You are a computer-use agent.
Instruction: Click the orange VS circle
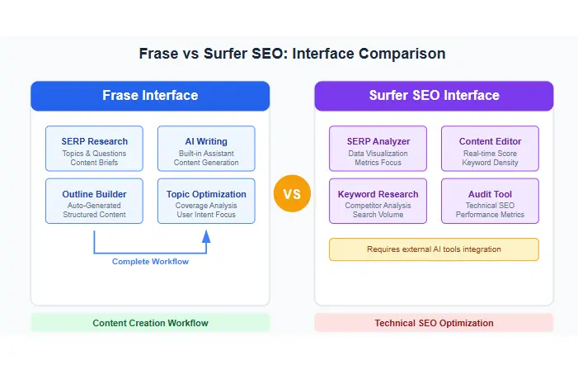[x=292, y=195]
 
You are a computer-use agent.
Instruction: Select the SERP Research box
[x=93, y=148]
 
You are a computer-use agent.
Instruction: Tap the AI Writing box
[x=206, y=148]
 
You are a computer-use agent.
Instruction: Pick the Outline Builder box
[x=93, y=201]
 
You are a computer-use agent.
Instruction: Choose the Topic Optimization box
[x=206, y=201]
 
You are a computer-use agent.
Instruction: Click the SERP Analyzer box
[x=378, y=148]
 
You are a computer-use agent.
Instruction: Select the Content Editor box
[x=490, y=148]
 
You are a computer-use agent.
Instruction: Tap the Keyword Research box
[x=378, y=201]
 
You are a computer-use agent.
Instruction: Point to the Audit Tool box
[x=490, y=201]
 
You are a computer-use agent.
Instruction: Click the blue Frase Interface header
[x=150, y=96]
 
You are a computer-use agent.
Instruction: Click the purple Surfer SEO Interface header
[x=434, y=96]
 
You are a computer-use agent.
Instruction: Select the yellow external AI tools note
[x=434, y=249]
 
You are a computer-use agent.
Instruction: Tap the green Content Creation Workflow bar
[x=150, y=322]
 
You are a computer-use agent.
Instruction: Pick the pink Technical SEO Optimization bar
[x=434, y=322]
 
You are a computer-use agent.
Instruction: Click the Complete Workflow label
[x=150, y=262]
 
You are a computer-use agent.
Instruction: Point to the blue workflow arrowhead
[x=206, y=235]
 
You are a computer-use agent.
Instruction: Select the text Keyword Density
[x=490, y=163]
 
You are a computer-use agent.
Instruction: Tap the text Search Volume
[x=378, y=216]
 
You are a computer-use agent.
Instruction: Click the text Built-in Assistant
[x=206, y=153]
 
